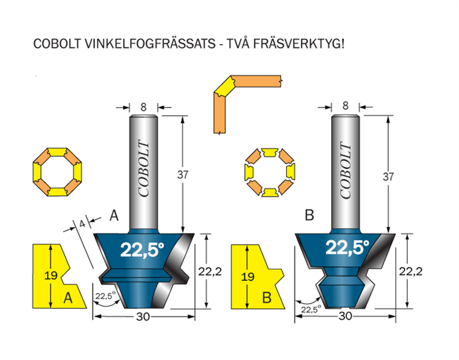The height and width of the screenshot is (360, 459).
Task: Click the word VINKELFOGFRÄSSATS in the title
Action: pyautogui.click(x=150, y=44)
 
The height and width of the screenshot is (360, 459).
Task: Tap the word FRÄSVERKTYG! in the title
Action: pyautogui.click(x=299, y=44)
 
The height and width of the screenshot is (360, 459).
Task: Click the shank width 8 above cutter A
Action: pyautogui.click(x=143, y=107)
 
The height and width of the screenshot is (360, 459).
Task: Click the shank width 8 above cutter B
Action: pyautogui.click(x=346, y=106)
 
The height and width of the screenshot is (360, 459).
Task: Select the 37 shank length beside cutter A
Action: pyautogui.click(x=183, y=175)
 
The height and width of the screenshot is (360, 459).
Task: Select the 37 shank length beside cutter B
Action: pyautogui.click(x=388, y=176)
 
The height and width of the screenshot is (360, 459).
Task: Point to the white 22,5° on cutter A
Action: pyautogui.click(x=142, y=249)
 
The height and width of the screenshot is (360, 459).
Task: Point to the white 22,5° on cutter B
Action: pyautogui.click(x=347, y=248)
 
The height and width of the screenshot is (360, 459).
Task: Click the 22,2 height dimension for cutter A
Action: pyautogui.click(x=210, y=272)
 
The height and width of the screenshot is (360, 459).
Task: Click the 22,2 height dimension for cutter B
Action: pyautogui.click(x=411, y=271)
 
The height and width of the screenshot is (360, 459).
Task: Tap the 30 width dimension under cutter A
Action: pyautogui.click(x=143, y=317)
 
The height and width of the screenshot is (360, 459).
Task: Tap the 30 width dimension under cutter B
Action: pyautogui.click(x=345, y=316)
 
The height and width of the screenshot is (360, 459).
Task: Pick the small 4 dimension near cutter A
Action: pyautogui.click(x=82, y=224)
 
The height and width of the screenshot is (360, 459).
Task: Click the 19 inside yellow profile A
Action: pyautogui.click(x=51, y=275)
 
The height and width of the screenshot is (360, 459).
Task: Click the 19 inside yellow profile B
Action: pyautogui.click(x=247, y=277)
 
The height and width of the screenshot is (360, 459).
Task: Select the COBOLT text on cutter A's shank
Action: pyautogui.click(x=144, y=169)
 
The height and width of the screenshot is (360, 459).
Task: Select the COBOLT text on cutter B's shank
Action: pyautogui.click(x=346, y=170)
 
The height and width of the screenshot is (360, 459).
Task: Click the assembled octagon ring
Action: pyautogui.click(x=57, y=172)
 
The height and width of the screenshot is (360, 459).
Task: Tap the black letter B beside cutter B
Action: pyautogui.click(x=309, y=215)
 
